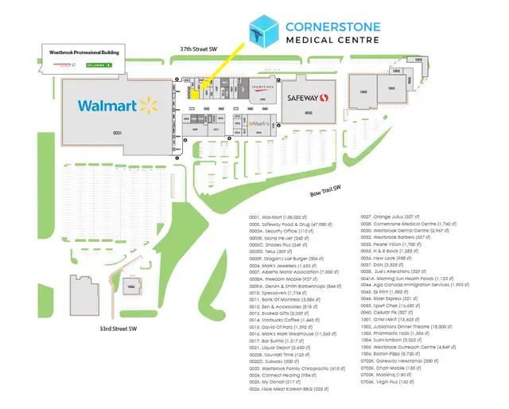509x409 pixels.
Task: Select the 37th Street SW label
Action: (x=199, y=49)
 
